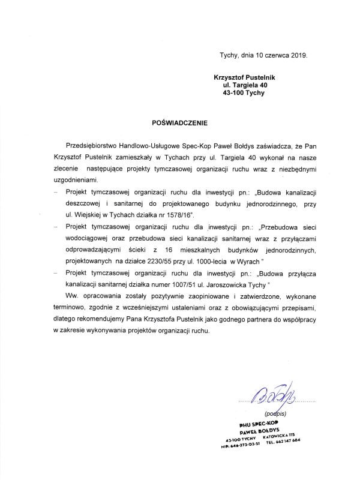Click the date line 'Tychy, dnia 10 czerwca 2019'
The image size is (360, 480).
265,55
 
